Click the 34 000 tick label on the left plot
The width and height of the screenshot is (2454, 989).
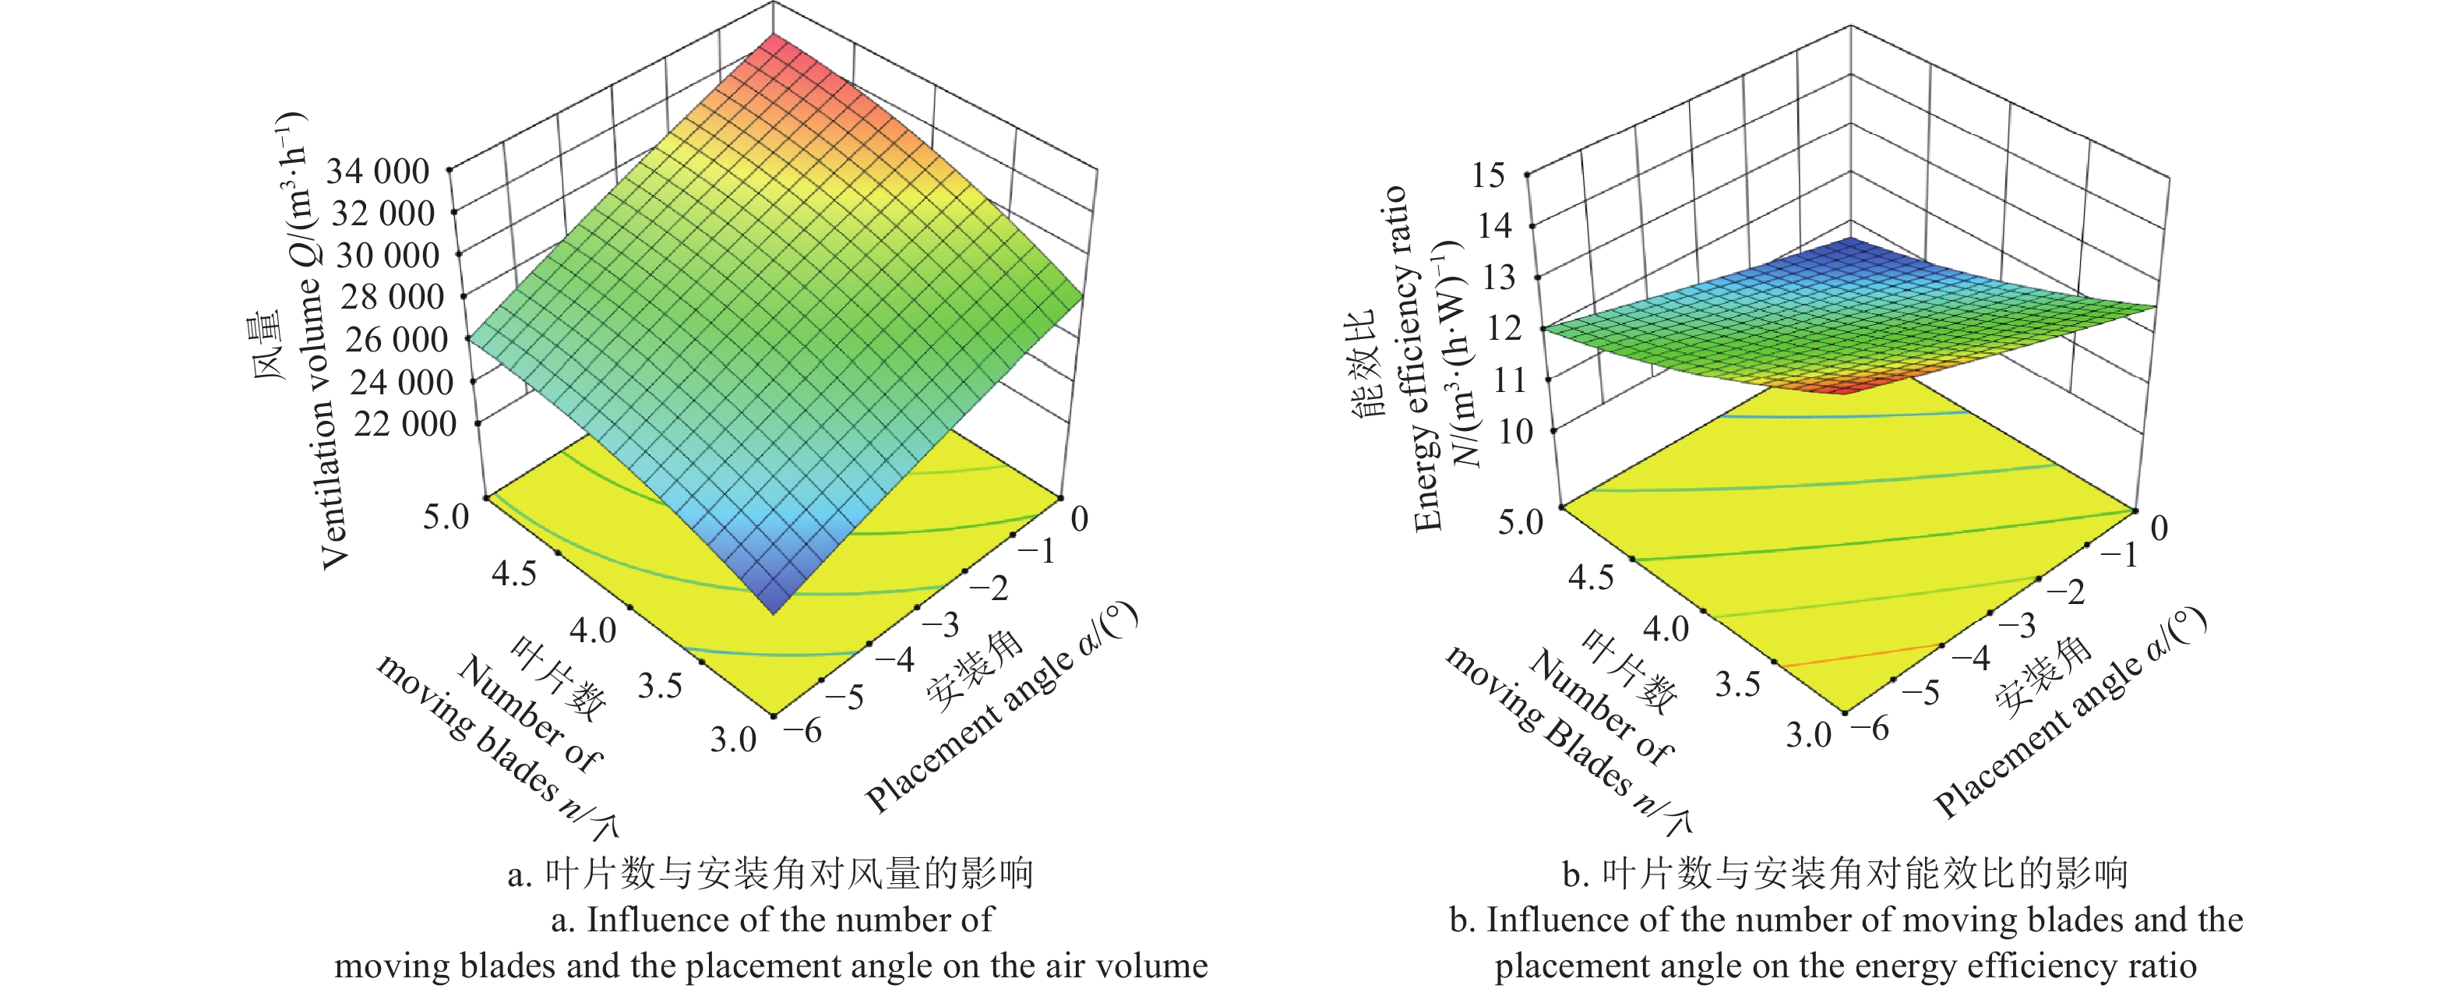pos(378,171)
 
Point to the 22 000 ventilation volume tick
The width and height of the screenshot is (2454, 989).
pos(405,424)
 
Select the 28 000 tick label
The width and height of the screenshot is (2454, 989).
pos(392,297)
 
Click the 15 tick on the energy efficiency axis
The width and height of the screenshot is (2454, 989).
pos(1488,175)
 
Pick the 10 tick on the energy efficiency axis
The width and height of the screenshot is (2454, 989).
pos(1514,432)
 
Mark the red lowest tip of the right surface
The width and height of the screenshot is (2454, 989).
pos(1843,388)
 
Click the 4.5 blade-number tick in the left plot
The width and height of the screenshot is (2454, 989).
pos(513,574)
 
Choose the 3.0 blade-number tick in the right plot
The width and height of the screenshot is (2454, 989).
pos(1808,735)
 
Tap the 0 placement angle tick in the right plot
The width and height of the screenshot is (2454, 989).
pos(2159,527)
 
